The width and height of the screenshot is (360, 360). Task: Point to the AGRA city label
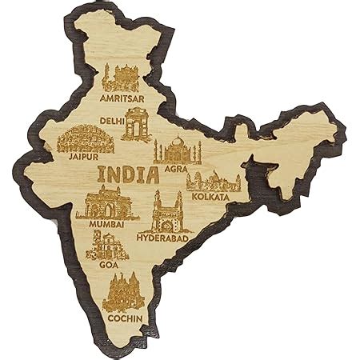175,169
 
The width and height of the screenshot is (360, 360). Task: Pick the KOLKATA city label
210,196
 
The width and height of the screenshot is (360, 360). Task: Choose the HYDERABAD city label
165,238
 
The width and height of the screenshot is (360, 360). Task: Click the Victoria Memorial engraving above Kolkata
210,180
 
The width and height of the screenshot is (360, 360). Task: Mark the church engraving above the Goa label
106,250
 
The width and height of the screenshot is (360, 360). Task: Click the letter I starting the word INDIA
100,174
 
